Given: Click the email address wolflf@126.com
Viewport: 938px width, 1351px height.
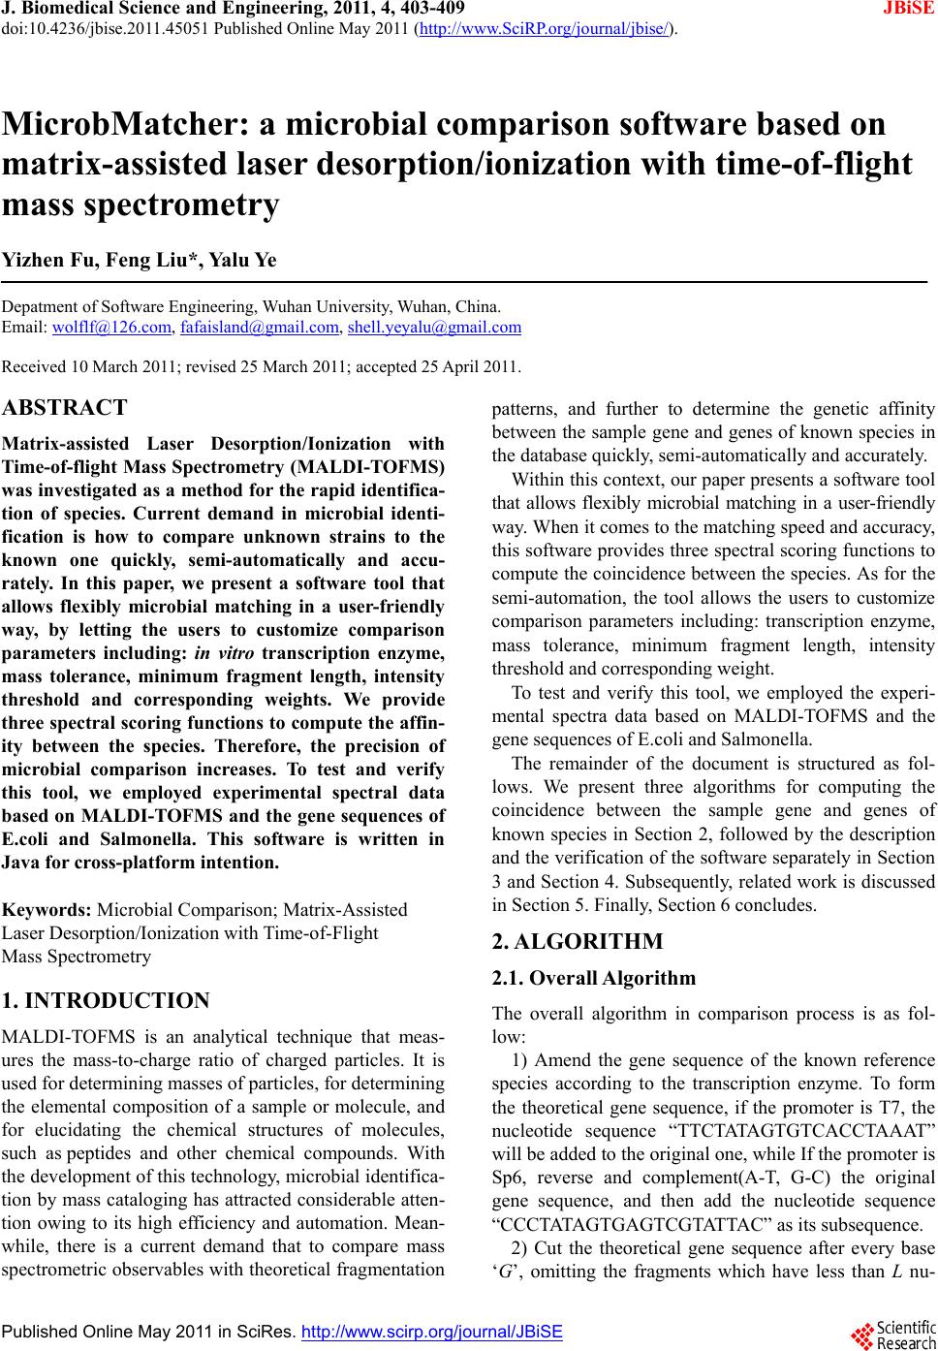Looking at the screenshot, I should (x=109, y=328).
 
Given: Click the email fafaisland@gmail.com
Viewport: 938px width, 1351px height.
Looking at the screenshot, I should (x=260, y=328).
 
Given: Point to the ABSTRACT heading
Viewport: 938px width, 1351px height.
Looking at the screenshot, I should (x=65, y=407).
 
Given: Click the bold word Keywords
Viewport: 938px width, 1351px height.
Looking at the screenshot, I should (x=47, y=910).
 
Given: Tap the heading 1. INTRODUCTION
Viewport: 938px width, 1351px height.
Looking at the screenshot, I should (x=106, y=1001).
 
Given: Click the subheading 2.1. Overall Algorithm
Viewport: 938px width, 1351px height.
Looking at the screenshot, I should (x=594, y=979).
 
